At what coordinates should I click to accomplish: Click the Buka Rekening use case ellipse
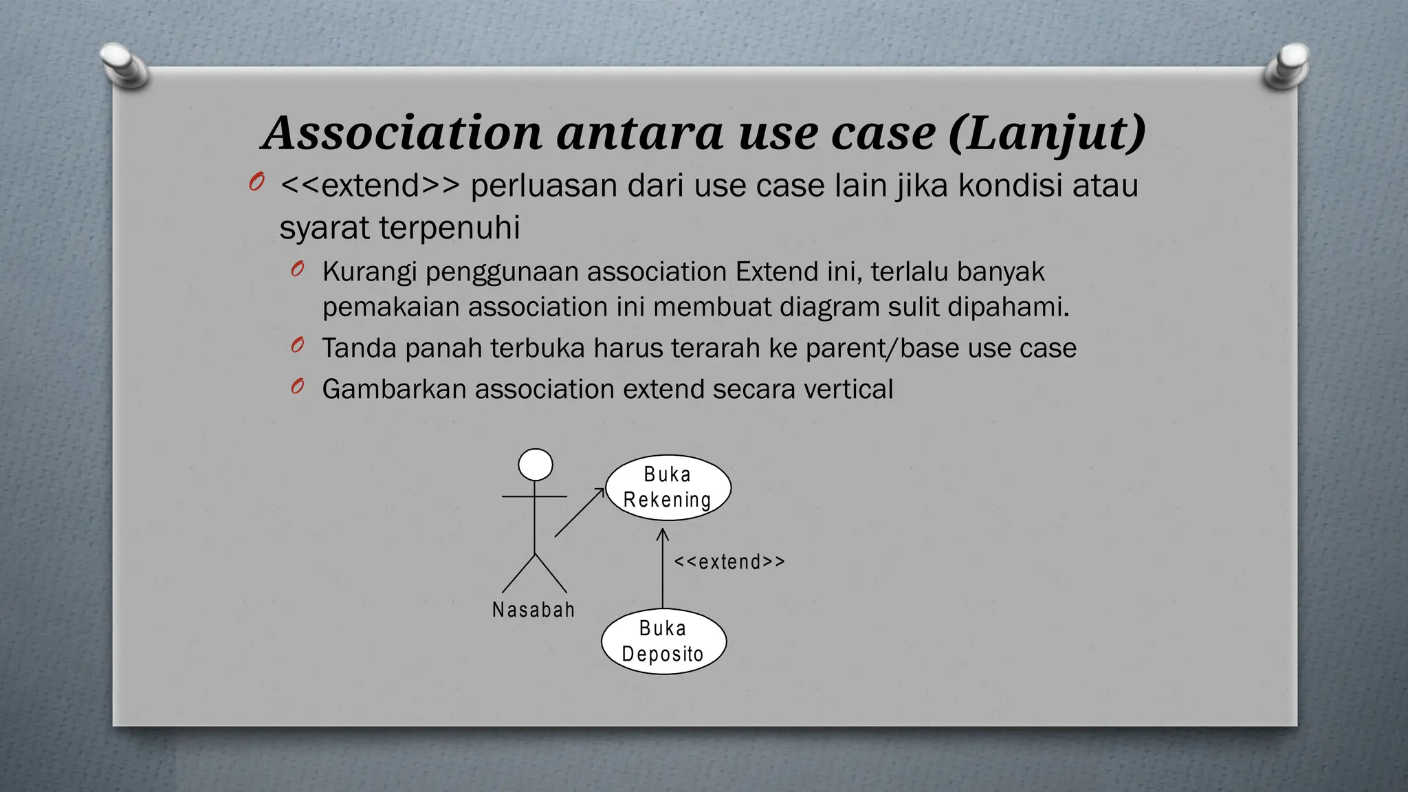[x=668, y=487]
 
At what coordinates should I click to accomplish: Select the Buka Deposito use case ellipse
[x=663, y=641]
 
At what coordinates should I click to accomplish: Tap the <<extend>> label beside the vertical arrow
[x=729, y=562]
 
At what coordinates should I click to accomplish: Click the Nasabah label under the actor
[x=533, y=610]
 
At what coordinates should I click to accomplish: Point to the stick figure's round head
[x=536, y=465]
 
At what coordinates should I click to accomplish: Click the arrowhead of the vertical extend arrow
[x=663, y=533]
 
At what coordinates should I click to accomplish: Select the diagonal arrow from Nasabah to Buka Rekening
[x=579, y=513]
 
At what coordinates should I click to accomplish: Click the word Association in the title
[x=403, y=133]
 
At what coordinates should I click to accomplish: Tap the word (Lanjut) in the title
[x=1046, y=133]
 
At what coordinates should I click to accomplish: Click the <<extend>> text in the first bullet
[x=370, y=186]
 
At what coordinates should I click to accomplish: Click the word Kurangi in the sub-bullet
[x=369, y=272]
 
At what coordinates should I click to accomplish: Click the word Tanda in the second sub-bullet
[x=360, y=348]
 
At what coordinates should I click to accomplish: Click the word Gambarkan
[x=395, y=389]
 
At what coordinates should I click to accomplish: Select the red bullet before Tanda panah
[x=297, y=345]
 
